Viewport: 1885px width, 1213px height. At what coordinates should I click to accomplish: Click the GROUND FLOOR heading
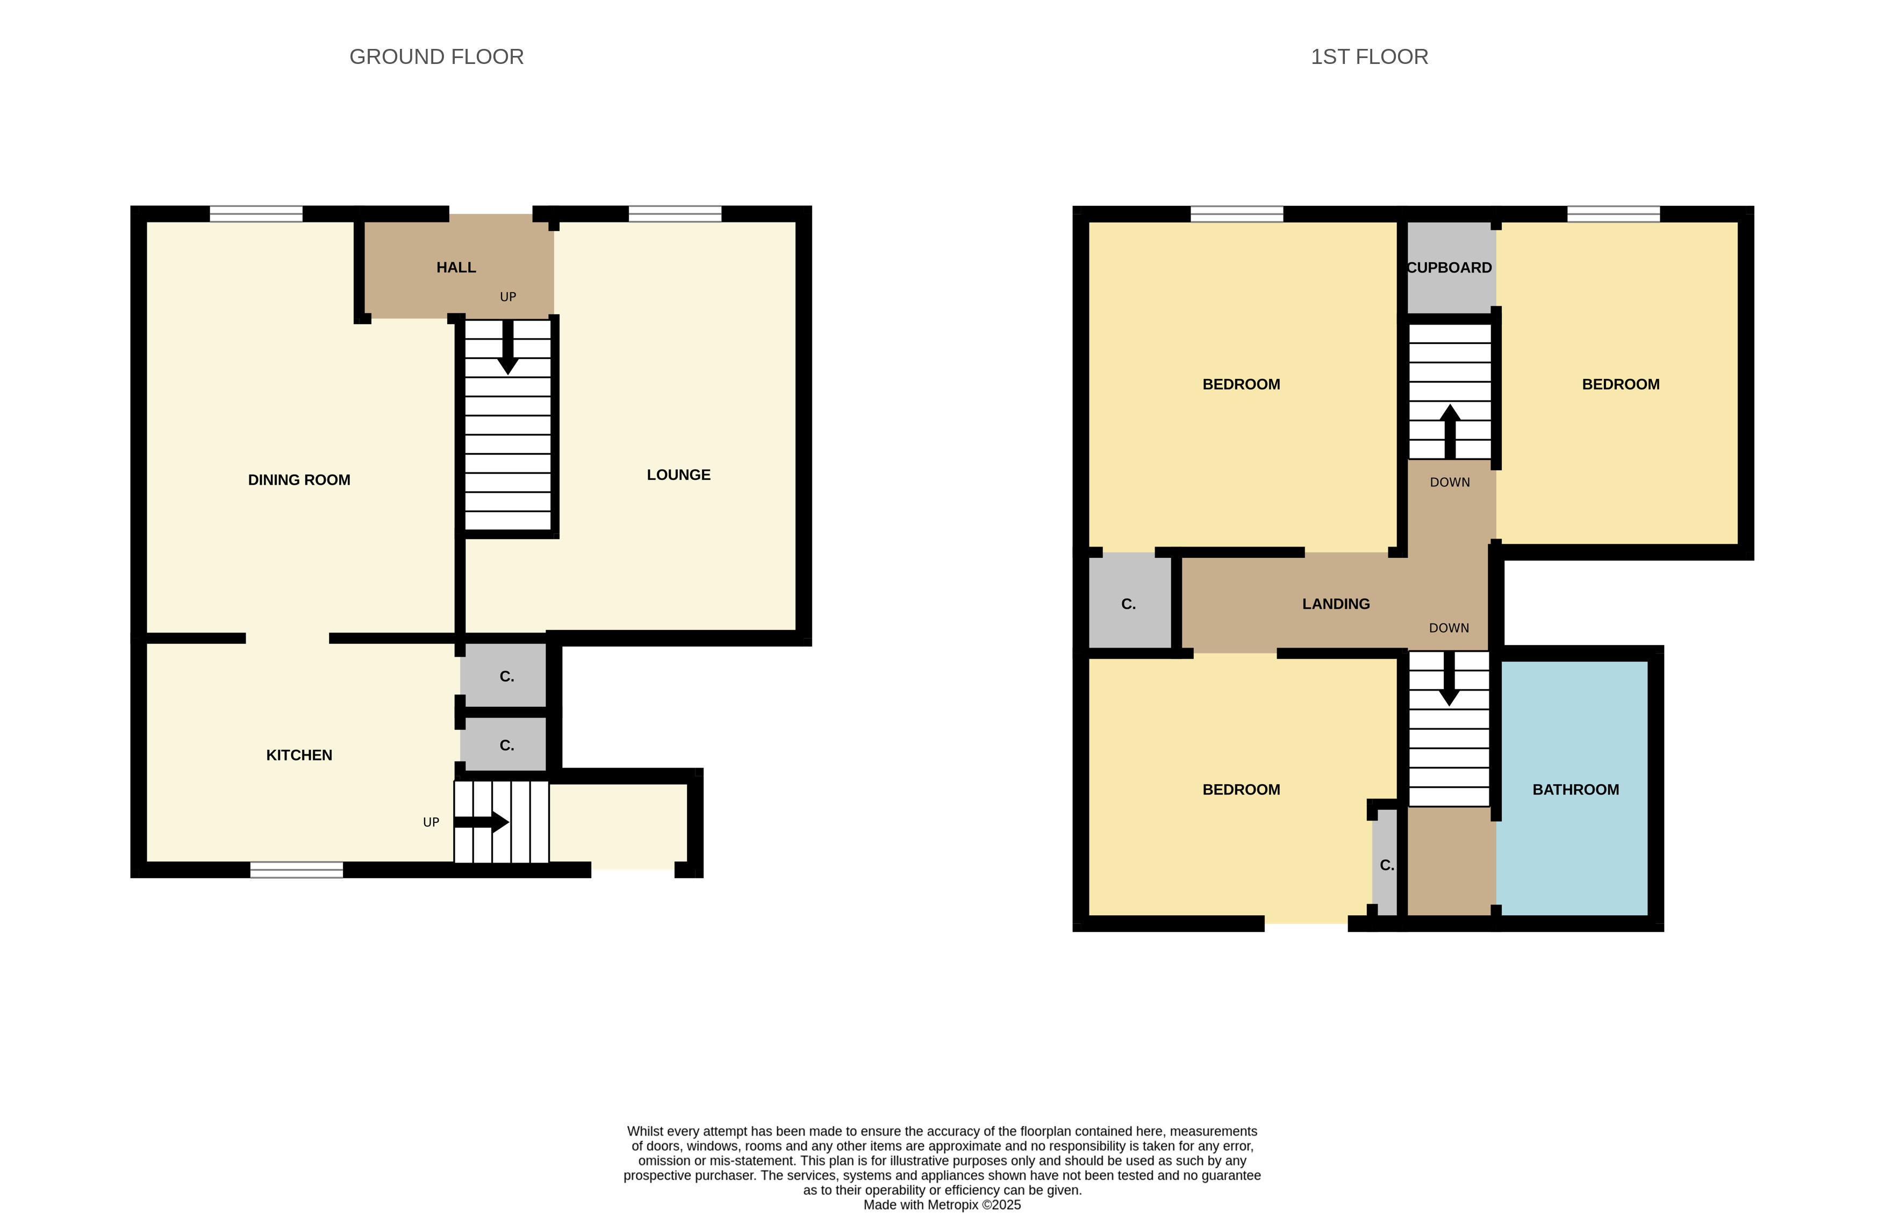point(436,57)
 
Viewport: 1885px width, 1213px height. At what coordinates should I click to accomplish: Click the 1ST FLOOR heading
point(1369,57)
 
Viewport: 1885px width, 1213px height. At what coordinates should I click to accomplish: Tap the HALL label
point(456,268)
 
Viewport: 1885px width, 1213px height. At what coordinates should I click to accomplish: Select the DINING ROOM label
point(299,480)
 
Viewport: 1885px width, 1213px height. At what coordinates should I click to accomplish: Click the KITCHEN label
point(299,755)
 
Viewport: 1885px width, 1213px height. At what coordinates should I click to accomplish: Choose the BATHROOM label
point(1575,789)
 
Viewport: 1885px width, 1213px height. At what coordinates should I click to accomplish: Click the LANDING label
point(1336,604)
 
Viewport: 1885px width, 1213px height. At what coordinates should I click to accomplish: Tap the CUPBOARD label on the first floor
point(1450,268)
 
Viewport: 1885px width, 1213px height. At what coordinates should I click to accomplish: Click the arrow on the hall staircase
point(508,347)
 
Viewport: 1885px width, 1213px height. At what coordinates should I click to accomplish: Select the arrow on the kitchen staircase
point(481,822)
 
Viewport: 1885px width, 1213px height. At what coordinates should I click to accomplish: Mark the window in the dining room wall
point(256,213)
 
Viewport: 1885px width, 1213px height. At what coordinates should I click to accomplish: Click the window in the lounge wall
point(675,213)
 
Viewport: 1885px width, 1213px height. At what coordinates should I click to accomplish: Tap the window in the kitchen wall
point(297,870)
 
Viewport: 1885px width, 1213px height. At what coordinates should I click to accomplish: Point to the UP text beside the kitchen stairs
point(431,822)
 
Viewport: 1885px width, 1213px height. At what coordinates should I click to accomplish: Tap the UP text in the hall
point(508,297)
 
